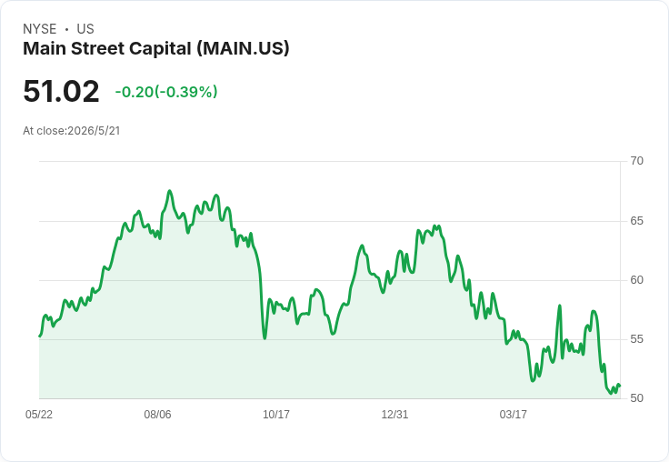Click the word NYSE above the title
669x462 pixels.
(x=40, y=29)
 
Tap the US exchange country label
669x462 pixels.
(x=85, y=29)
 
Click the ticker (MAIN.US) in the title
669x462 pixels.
(x=244, y=49)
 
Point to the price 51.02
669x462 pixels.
(x=61, y=91)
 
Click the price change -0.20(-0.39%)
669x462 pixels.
(x=166, y=92)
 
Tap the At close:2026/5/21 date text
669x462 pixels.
(x=72, y=131)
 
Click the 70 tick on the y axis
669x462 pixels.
(x=636, y=161)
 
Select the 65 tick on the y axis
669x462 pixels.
(x=636, y=221)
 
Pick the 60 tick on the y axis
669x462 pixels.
(x=636, y=280)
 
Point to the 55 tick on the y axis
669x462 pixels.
(x=636, y=339)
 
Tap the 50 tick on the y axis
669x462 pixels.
(x=636, y=398)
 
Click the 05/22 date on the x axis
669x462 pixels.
(x=39, y=415)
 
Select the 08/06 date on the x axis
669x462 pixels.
(x=157, y=415)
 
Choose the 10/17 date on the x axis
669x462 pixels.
(x=276, y=415)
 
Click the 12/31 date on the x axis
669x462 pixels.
(x=394, y=415)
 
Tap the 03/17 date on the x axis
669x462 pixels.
(x=514, y=415)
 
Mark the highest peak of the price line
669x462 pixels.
(x=170, y=191)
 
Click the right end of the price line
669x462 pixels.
(x=620, y=386)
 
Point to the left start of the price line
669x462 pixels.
(x=40, y=336)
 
